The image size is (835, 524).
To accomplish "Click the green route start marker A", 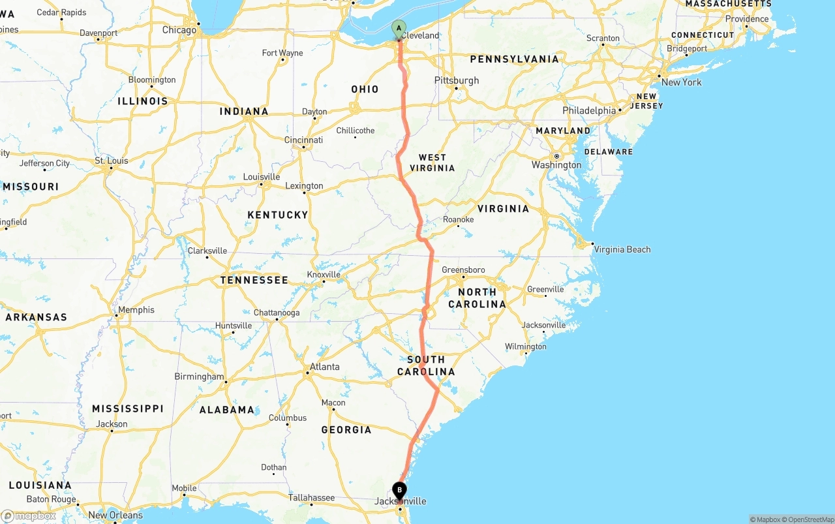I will pos(399,28).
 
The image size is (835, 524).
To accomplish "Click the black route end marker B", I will pos(399,490).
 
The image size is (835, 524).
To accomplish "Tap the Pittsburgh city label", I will pos(457,80).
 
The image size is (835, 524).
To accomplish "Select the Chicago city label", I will pos(179,30).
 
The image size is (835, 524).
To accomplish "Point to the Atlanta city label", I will pos(324,367).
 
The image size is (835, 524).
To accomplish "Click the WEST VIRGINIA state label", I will pos(432,162).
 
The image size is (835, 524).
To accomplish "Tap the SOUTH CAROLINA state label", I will pos(426,365).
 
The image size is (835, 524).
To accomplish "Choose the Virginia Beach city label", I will pos(622,249).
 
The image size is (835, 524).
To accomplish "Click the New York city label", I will pos(681,82).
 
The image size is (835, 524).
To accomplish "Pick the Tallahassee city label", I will pos(311,498).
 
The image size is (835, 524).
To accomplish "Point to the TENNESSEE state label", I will pos(254,280).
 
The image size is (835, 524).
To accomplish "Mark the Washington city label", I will pos(556,165).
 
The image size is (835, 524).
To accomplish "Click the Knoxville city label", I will pos(324,275).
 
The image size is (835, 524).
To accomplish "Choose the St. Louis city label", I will pos(112,161).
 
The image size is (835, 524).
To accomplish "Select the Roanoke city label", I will pos(458,219).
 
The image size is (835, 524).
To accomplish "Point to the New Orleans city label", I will pos(115,515).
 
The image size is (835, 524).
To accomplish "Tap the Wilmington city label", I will pos(525,347).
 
